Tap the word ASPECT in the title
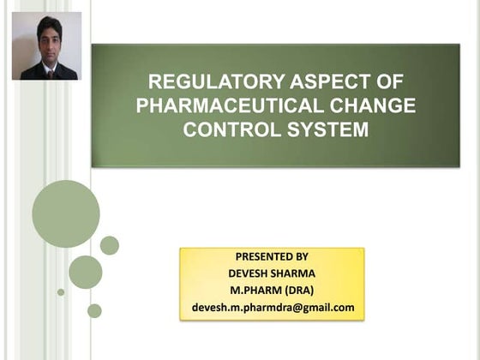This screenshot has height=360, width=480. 319,82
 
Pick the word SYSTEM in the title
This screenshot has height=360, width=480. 335,130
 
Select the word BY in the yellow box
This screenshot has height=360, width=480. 302,256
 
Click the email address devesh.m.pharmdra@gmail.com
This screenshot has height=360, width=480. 273,307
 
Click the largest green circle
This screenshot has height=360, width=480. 66,213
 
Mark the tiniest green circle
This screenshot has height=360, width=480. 61,292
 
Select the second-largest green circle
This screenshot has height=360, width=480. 86,272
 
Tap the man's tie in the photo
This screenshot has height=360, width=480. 50,73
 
